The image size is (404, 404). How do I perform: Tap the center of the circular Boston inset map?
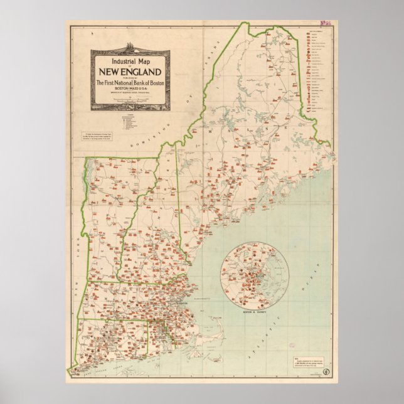coord(254,275)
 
